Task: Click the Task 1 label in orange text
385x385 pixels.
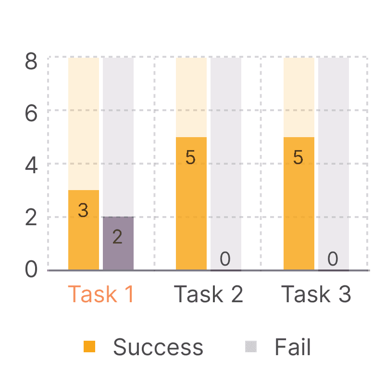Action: click(100, 294)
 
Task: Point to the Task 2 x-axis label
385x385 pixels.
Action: click(208, 294)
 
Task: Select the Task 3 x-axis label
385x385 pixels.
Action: click(316, 294)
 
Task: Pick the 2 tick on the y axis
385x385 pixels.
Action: click(31, 218)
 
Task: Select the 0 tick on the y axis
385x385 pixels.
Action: click(31, 269)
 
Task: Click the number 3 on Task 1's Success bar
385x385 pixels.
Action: click(83, 210)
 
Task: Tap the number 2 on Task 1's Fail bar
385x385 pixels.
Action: click(117, 237)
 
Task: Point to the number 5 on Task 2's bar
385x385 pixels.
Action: click(190, 158)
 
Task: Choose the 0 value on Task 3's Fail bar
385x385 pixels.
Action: click(333, 259)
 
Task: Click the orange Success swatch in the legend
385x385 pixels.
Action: click(89, 346)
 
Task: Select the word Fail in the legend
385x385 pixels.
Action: click(293, 347)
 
